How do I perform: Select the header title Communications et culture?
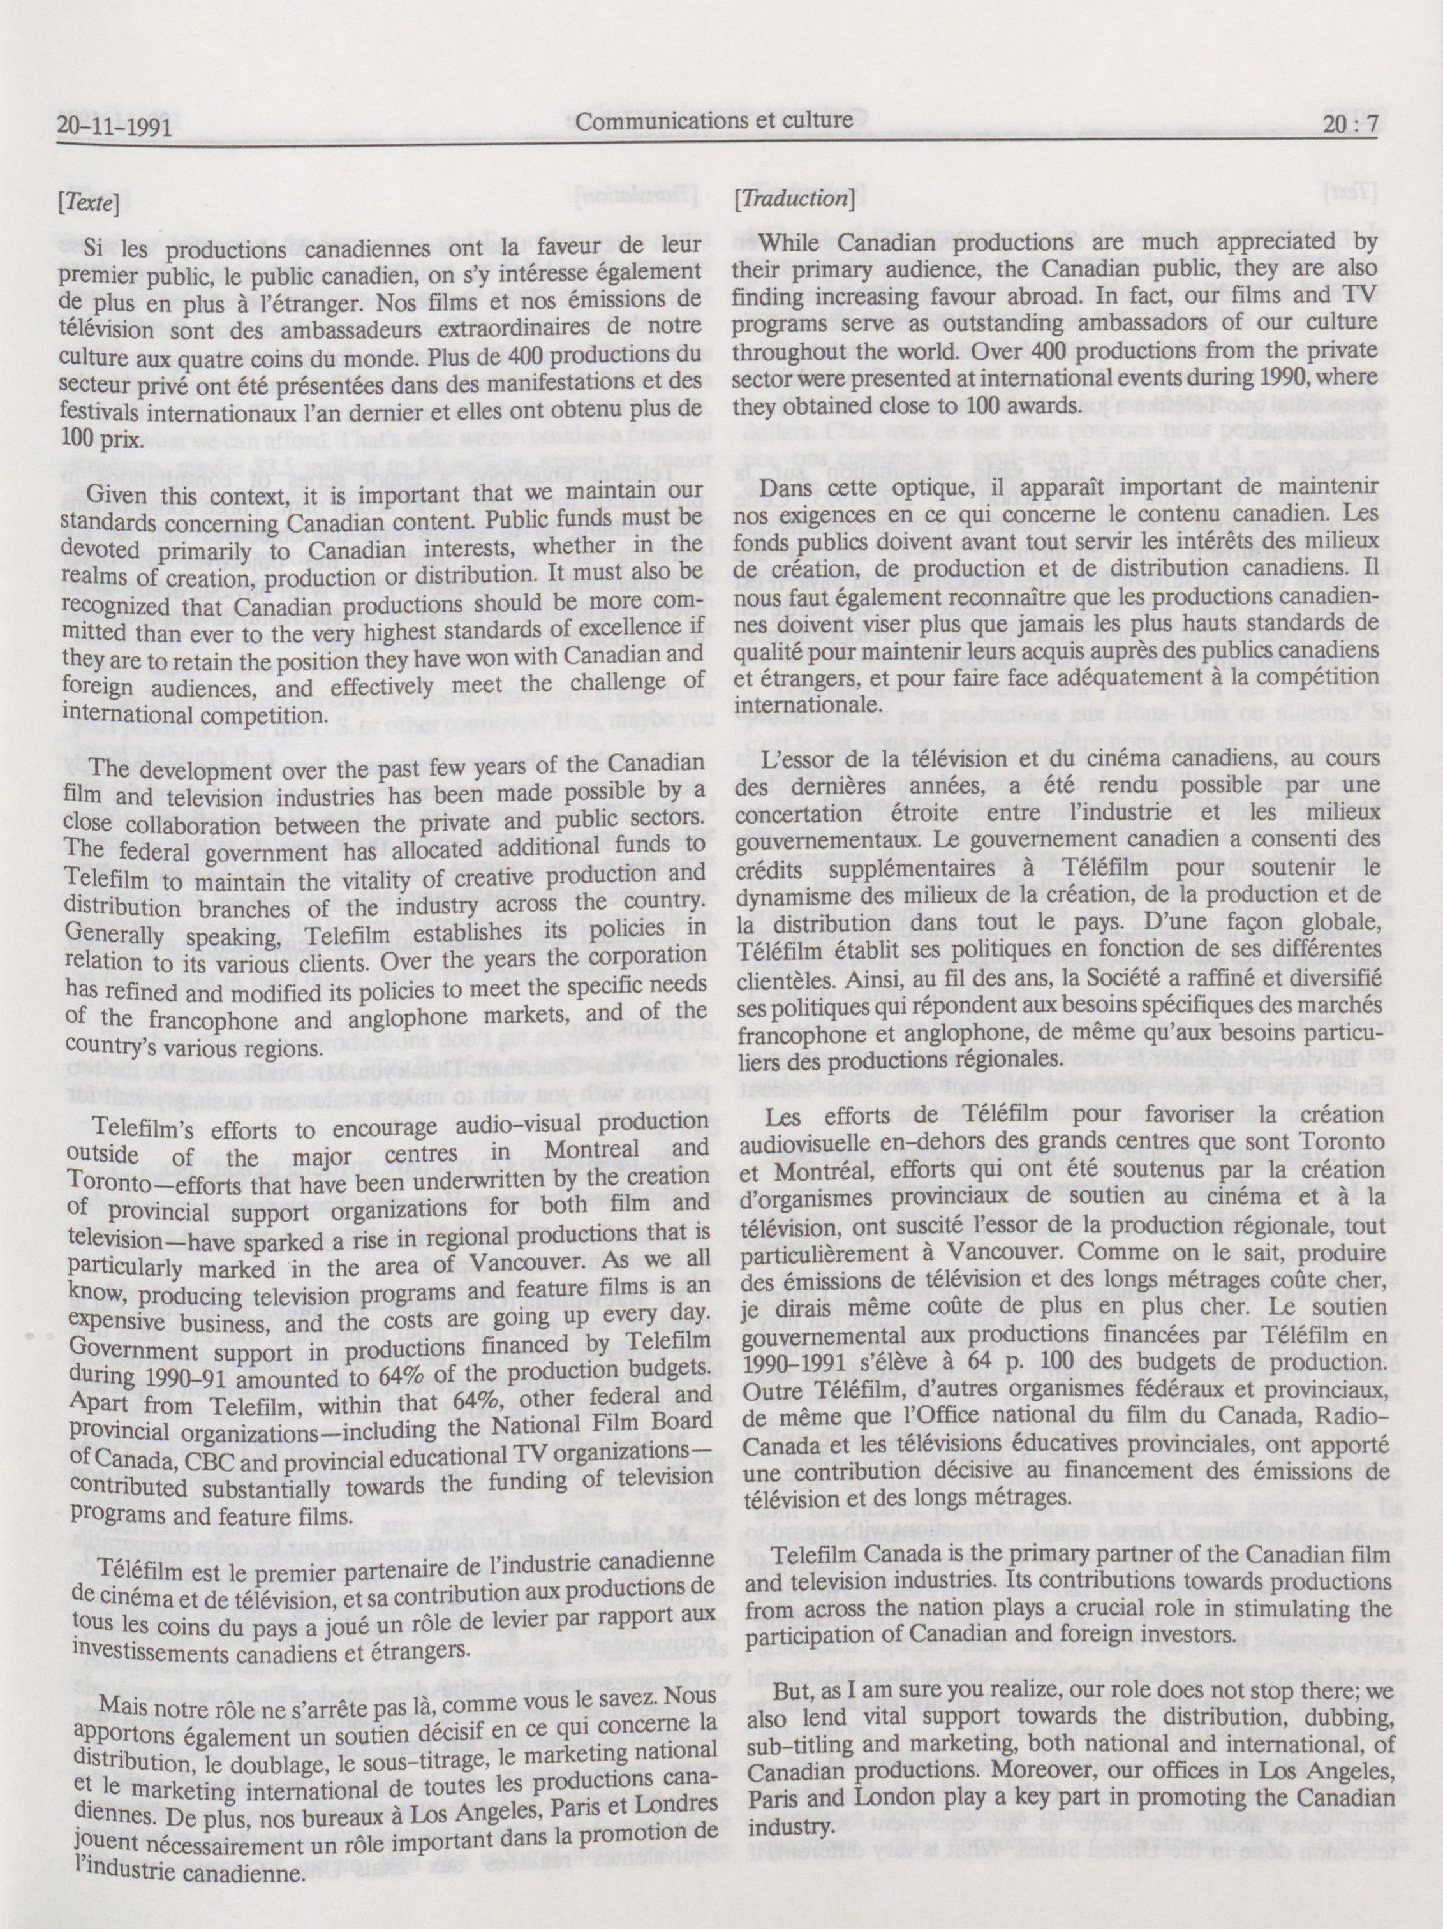tap(713, 121)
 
